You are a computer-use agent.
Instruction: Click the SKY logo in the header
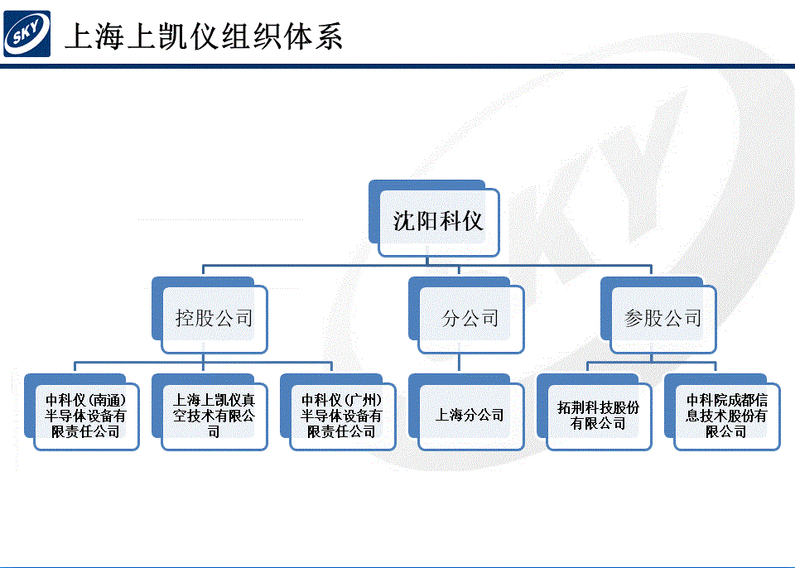26,34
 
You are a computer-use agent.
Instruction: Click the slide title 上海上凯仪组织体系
204,36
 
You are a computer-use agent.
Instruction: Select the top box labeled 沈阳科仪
434,219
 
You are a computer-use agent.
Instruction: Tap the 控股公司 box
210,315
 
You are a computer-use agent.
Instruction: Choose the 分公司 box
466,315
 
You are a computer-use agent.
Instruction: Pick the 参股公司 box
658,315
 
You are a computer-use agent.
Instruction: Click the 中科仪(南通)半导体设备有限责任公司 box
82,412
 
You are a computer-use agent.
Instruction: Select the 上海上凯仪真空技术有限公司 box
210,412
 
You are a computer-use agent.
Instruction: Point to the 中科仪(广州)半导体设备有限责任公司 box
338,412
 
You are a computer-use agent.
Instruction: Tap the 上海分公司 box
466,412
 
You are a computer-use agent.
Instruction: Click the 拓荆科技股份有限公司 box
595,412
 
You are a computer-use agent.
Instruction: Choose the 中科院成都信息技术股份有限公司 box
722,412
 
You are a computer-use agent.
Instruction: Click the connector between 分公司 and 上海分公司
460,363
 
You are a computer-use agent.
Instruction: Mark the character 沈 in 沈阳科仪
404,221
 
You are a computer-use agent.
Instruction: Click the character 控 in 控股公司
185,318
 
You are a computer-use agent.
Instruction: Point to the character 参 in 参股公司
634,318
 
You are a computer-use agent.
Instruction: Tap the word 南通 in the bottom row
107,401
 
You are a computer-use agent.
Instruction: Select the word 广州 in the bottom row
363,401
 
